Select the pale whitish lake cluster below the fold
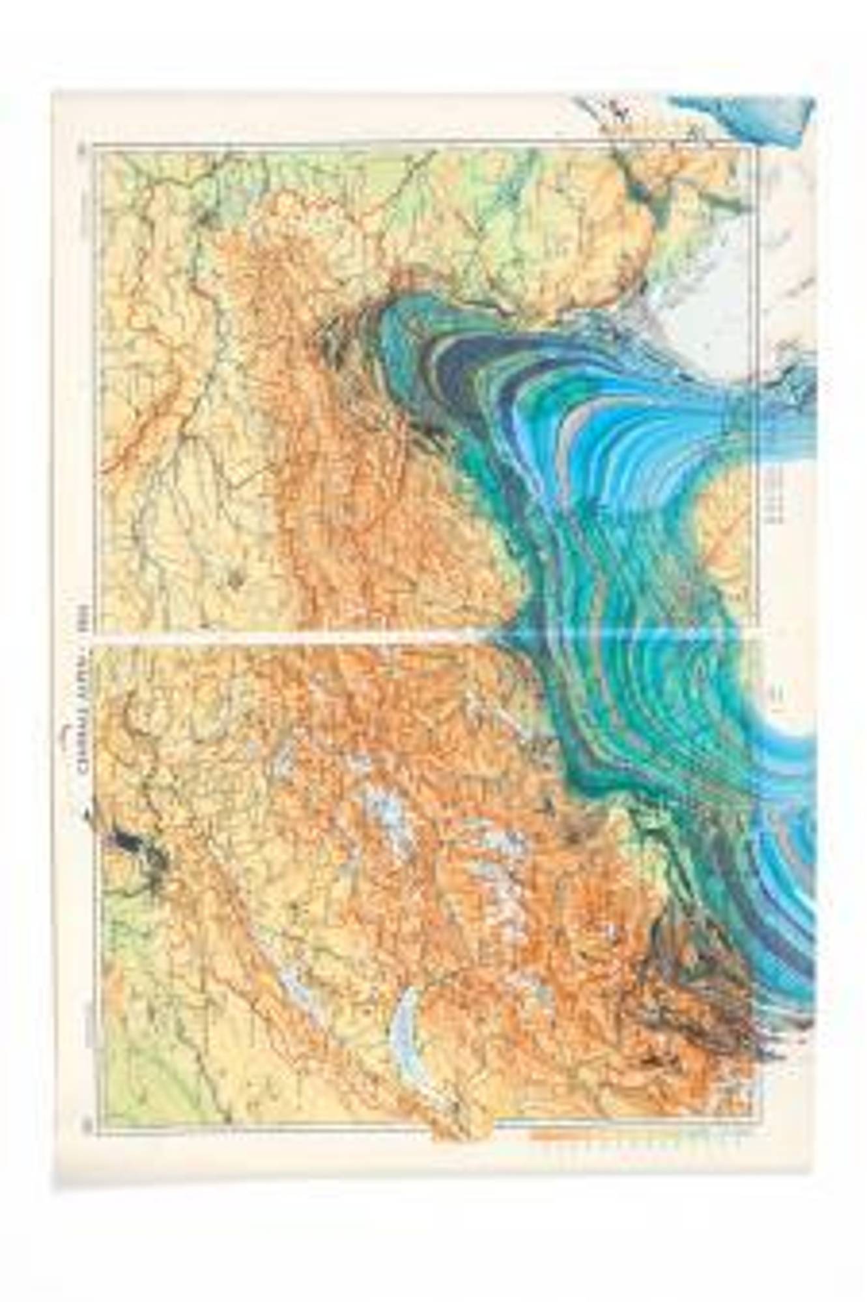pos(384,814)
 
